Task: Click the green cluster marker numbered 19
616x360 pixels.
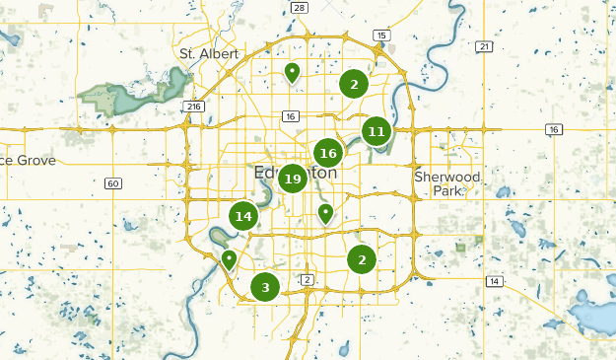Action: point(291,179)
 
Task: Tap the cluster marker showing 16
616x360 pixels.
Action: point(328,153)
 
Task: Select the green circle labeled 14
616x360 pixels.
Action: point(243,216)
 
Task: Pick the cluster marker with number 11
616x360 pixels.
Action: point(376,130)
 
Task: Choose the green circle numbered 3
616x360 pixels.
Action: point(264,287)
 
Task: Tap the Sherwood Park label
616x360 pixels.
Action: point(448,182)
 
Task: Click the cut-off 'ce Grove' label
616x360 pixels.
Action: point(28,160)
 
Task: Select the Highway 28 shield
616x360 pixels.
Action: point(300,7)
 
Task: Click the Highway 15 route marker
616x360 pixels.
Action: point(381,36)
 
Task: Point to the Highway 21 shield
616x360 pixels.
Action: point(483,46)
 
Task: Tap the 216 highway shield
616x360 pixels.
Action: point(193,107)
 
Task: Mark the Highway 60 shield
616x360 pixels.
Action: point(114,183)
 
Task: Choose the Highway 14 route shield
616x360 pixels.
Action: point(494,282)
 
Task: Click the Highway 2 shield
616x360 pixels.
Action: point(308,280)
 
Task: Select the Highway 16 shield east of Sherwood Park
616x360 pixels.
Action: point(555,129)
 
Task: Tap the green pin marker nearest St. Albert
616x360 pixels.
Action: point(292,71)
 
